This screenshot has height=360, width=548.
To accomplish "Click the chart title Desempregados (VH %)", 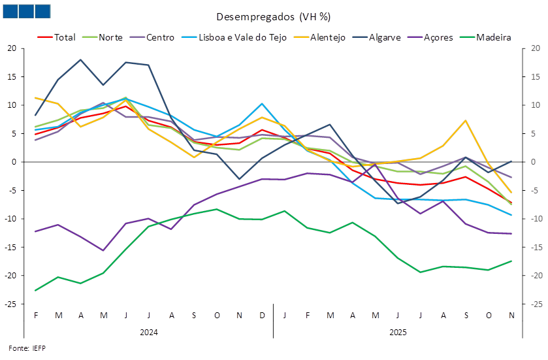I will tap(273, 16).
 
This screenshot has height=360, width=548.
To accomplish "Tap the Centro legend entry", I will tap(161, 37).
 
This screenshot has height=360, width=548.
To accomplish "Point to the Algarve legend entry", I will tap(385, 37).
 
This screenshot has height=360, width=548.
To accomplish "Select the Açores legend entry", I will tap(438, 37).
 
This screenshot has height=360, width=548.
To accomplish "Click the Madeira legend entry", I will tap(494, 37).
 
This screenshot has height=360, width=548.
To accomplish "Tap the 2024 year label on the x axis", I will tap(149, 333).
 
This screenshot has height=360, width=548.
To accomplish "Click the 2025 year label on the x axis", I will tap(397, 333).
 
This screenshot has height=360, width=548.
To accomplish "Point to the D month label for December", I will tap(262, 316).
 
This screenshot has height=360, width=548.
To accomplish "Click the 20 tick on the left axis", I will tap(12, 48).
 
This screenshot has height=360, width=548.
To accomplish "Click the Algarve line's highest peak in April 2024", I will tap(80, 59).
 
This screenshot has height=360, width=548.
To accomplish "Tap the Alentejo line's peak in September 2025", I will tap(466, 120).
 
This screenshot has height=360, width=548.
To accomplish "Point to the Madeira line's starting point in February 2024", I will tap(35, 290).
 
